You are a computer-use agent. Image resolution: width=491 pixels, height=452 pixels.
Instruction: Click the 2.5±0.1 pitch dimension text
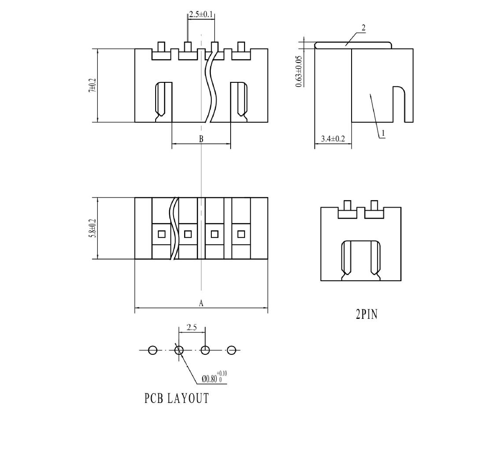[x=201, y=15]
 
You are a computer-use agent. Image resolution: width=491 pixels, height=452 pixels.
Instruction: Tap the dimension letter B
[x=201, y=139]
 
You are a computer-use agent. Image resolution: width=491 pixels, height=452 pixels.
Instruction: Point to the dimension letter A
[x=201, y=303]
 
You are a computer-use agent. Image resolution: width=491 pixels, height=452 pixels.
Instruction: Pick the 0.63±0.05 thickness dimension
[x=299, y=71]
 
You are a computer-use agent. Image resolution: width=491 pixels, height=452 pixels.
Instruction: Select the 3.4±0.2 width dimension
[x=333, y=139]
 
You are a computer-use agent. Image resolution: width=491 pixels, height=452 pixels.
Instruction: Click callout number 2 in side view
[x=363, y=28]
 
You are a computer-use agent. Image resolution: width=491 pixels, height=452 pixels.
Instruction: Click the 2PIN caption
[x=366, y=314]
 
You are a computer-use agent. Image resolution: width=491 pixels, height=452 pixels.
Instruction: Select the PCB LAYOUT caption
[x=177, y=399]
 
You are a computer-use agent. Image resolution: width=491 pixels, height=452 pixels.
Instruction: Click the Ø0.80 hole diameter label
[x=214, y=378]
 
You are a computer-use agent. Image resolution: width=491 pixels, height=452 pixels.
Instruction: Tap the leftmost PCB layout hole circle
[x=153, y=350]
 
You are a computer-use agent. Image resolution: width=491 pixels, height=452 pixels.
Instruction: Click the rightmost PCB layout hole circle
[x=232, y=350]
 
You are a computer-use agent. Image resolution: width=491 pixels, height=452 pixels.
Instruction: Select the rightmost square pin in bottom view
[x=241, y=234]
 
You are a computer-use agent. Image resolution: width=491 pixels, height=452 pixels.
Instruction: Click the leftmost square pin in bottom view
[x=162, y=234]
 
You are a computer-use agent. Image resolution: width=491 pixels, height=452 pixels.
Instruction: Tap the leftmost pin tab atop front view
[x=161, y=47]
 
